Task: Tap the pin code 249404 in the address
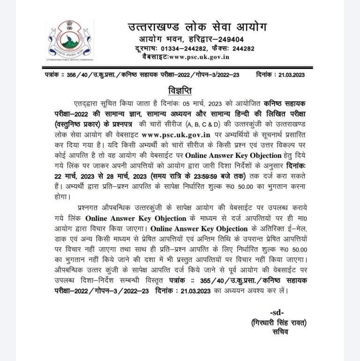click(x=228, y=39)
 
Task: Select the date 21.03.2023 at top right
click(x=292, y=74)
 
